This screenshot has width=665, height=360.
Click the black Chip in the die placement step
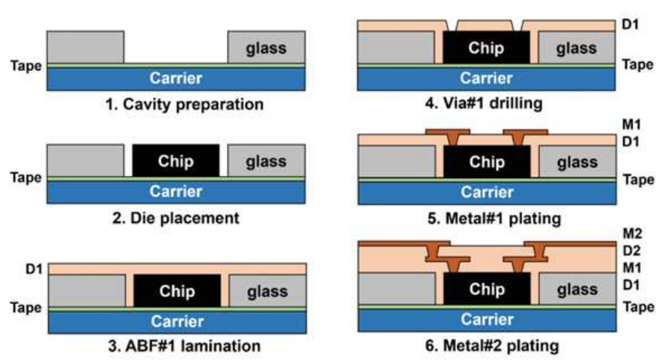click(x=176, y=162)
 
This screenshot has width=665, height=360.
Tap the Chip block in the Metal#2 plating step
click(x=487, y=289)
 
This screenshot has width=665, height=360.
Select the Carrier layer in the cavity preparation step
click(x=175, y=79)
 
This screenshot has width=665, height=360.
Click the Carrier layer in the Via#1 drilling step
click(x=486, y=78)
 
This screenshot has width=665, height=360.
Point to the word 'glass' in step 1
click(x=266, y=49)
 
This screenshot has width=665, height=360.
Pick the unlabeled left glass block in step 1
click(x=85, y=47)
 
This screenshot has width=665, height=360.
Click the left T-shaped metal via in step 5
click(x=447, y=136)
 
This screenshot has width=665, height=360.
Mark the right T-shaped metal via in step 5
click(x=524, y=136)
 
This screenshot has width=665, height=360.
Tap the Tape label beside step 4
click(x=638, y=64)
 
